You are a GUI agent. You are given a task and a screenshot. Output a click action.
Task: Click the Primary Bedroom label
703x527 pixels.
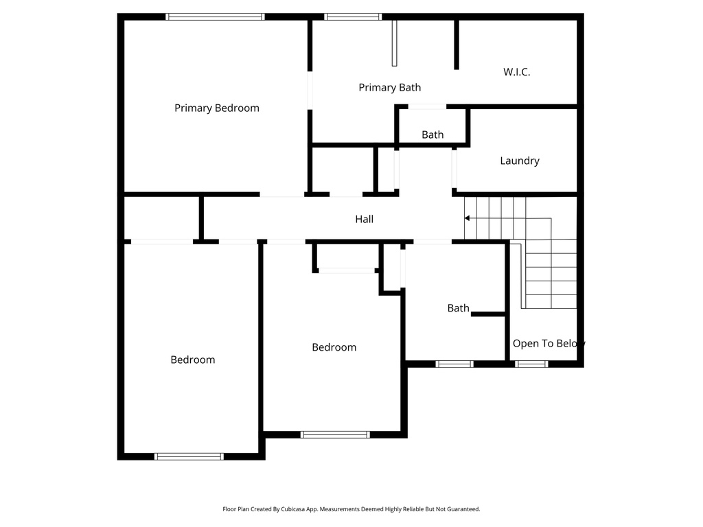click(216, 108)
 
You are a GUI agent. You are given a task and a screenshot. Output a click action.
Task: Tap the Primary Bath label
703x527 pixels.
click(389, 87)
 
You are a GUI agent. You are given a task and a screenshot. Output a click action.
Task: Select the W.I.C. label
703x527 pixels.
click(516, 71)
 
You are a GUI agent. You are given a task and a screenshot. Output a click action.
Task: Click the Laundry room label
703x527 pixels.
click(519, 161)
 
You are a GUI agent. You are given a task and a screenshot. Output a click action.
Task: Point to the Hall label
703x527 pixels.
click(364, 219)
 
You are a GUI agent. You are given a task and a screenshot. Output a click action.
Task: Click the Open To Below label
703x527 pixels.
click(548, 343)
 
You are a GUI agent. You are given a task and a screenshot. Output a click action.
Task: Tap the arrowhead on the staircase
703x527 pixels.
click(468, 218)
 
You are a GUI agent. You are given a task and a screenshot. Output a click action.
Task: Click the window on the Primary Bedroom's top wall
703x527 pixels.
click(215, 16)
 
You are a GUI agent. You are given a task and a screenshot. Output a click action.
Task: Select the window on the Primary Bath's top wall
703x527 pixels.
click(353, 16)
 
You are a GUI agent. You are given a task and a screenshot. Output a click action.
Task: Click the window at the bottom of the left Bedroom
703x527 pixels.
click(189, 456)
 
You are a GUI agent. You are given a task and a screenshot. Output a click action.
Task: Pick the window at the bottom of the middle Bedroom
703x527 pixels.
click(335, 434)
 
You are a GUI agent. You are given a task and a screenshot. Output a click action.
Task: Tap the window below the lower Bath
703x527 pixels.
click(454, 364)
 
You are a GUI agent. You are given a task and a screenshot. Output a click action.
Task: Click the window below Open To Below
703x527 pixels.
click(531, 364)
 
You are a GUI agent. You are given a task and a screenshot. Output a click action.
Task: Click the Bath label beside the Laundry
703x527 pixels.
click(433, 134)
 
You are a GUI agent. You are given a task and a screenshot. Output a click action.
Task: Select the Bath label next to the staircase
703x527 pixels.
click(458, 308)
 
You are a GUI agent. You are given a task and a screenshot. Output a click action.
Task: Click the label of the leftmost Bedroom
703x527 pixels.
click(192, 360)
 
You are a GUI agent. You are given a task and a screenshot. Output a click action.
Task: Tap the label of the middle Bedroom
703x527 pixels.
click(334, 347)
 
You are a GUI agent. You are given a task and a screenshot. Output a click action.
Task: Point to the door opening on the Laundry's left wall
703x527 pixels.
click(454, 168)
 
